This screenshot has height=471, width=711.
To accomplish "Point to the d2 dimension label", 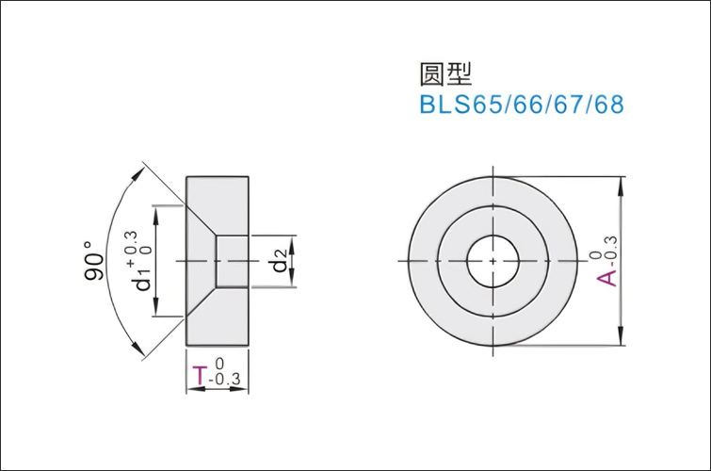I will (x=279, y=260).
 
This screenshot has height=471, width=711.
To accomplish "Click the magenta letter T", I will (x=199, y=376).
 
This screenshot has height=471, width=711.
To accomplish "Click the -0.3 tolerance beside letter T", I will (x=226, y=380).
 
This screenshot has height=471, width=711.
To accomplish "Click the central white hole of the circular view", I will (x=492, y=260).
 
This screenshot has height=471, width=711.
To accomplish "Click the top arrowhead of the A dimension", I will (x=620, y=182).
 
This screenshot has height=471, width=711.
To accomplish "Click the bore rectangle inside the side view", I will (x=233, y=260).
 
